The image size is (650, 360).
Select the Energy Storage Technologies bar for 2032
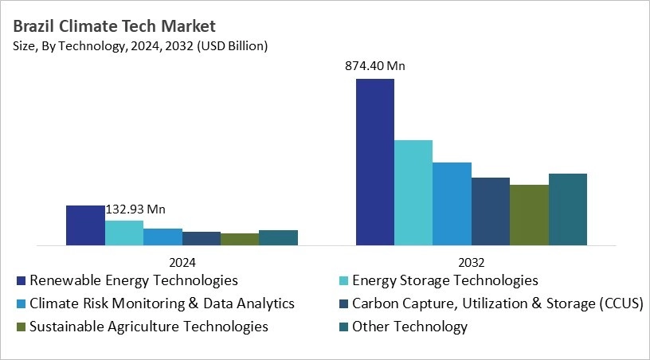(x=413, y=192)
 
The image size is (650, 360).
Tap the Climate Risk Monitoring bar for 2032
(x=452, y=203)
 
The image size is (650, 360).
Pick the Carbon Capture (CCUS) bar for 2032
(x=491, y=211)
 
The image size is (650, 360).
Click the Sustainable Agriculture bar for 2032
(x=529, y=214)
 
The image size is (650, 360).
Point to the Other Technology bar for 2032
(x=568, y=209)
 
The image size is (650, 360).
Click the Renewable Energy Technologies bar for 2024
(x=85, y=225)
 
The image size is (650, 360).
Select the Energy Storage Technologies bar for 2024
(x=124, y=233)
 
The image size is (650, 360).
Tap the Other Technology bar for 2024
(x=278, y=237)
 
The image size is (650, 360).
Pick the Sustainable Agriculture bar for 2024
(x=240, y=239)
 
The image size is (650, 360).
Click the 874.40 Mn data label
(x=374, y=66)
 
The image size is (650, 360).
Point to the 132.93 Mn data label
(x=135, y=209)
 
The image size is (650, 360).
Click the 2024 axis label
(x=182, y=261)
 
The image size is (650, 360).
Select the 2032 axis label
(x=472, y=261)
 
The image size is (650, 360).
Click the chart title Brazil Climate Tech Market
(x=115, y=26)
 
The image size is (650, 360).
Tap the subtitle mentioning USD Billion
(x=141, y=46)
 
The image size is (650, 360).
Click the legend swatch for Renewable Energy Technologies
(x=21, y=280)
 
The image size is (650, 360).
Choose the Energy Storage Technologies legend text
(x=444, y=280)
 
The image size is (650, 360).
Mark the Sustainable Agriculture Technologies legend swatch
(x=21, y=327)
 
